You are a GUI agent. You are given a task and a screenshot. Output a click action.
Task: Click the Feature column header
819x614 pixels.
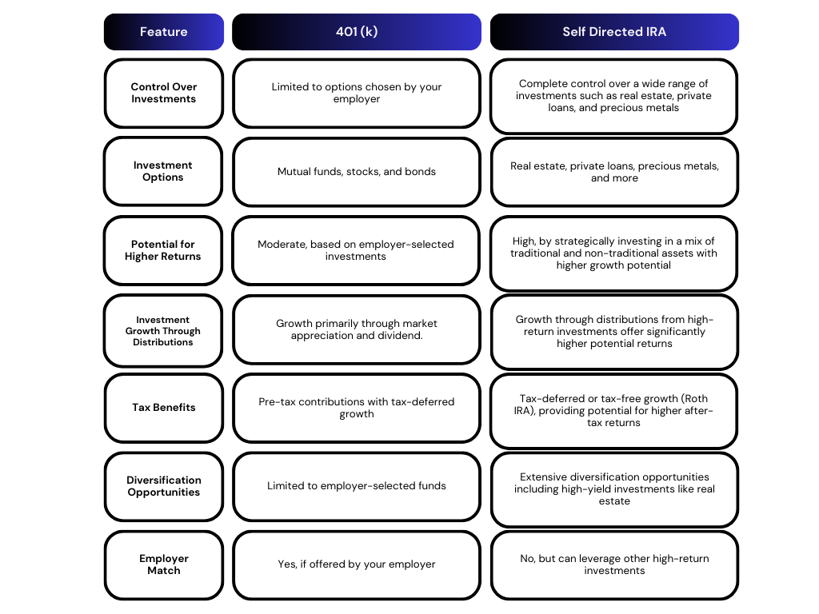tap(163, 32)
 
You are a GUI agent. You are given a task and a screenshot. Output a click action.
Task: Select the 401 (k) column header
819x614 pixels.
tap(357, 32)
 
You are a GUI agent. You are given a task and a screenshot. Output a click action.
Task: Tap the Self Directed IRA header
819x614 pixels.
tap(614, 32)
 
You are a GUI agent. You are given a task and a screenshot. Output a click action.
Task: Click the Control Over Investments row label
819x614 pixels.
tap(163, 93)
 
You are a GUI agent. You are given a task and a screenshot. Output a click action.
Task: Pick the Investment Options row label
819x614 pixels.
tap(163, 171)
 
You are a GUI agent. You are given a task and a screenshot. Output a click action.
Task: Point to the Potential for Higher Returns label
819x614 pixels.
tap(163, 250)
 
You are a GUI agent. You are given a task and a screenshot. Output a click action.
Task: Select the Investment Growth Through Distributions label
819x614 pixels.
tap(163, 331)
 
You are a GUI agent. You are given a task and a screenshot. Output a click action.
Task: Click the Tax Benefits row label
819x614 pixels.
tap(163, 408)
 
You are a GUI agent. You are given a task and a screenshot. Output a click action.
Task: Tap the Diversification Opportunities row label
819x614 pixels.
tap(163, 486)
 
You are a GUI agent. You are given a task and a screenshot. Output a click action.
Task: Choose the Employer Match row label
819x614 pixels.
tap(163, 565)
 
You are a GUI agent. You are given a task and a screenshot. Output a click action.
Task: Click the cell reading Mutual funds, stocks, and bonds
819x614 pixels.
tap(357, 172)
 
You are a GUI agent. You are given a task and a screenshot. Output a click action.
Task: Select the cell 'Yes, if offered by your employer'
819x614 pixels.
tap(357, 565)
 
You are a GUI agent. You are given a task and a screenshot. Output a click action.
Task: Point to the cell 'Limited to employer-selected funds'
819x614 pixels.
tap(357, 486)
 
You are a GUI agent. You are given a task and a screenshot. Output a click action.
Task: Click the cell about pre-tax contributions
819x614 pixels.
tap(357, 408)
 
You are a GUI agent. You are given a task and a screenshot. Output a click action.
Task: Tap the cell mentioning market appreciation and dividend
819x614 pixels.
tap(357, 329)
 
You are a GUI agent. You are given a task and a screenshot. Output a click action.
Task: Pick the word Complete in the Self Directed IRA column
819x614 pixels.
tap(540, 84)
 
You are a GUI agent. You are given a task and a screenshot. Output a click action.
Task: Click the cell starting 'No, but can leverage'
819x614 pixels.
tap(614, 565)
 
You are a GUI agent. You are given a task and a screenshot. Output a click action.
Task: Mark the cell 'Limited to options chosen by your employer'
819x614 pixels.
tap(357, 93)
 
